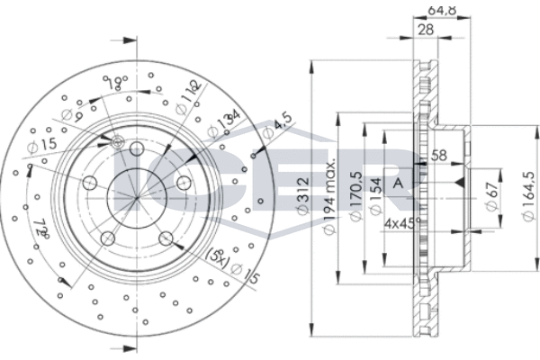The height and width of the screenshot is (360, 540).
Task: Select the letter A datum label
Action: tap(399, 184)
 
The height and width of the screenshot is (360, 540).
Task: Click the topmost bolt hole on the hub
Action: tap(138, 148)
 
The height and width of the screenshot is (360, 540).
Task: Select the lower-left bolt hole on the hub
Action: tap(107, 238)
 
